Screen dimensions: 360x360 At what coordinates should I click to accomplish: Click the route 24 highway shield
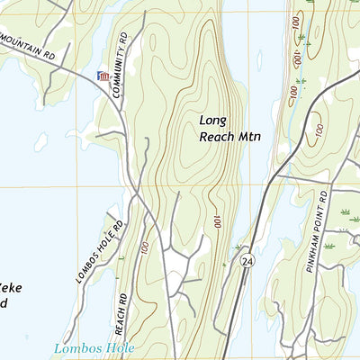(246, 260)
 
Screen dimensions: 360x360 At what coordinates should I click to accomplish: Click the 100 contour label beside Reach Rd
(144, 246)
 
